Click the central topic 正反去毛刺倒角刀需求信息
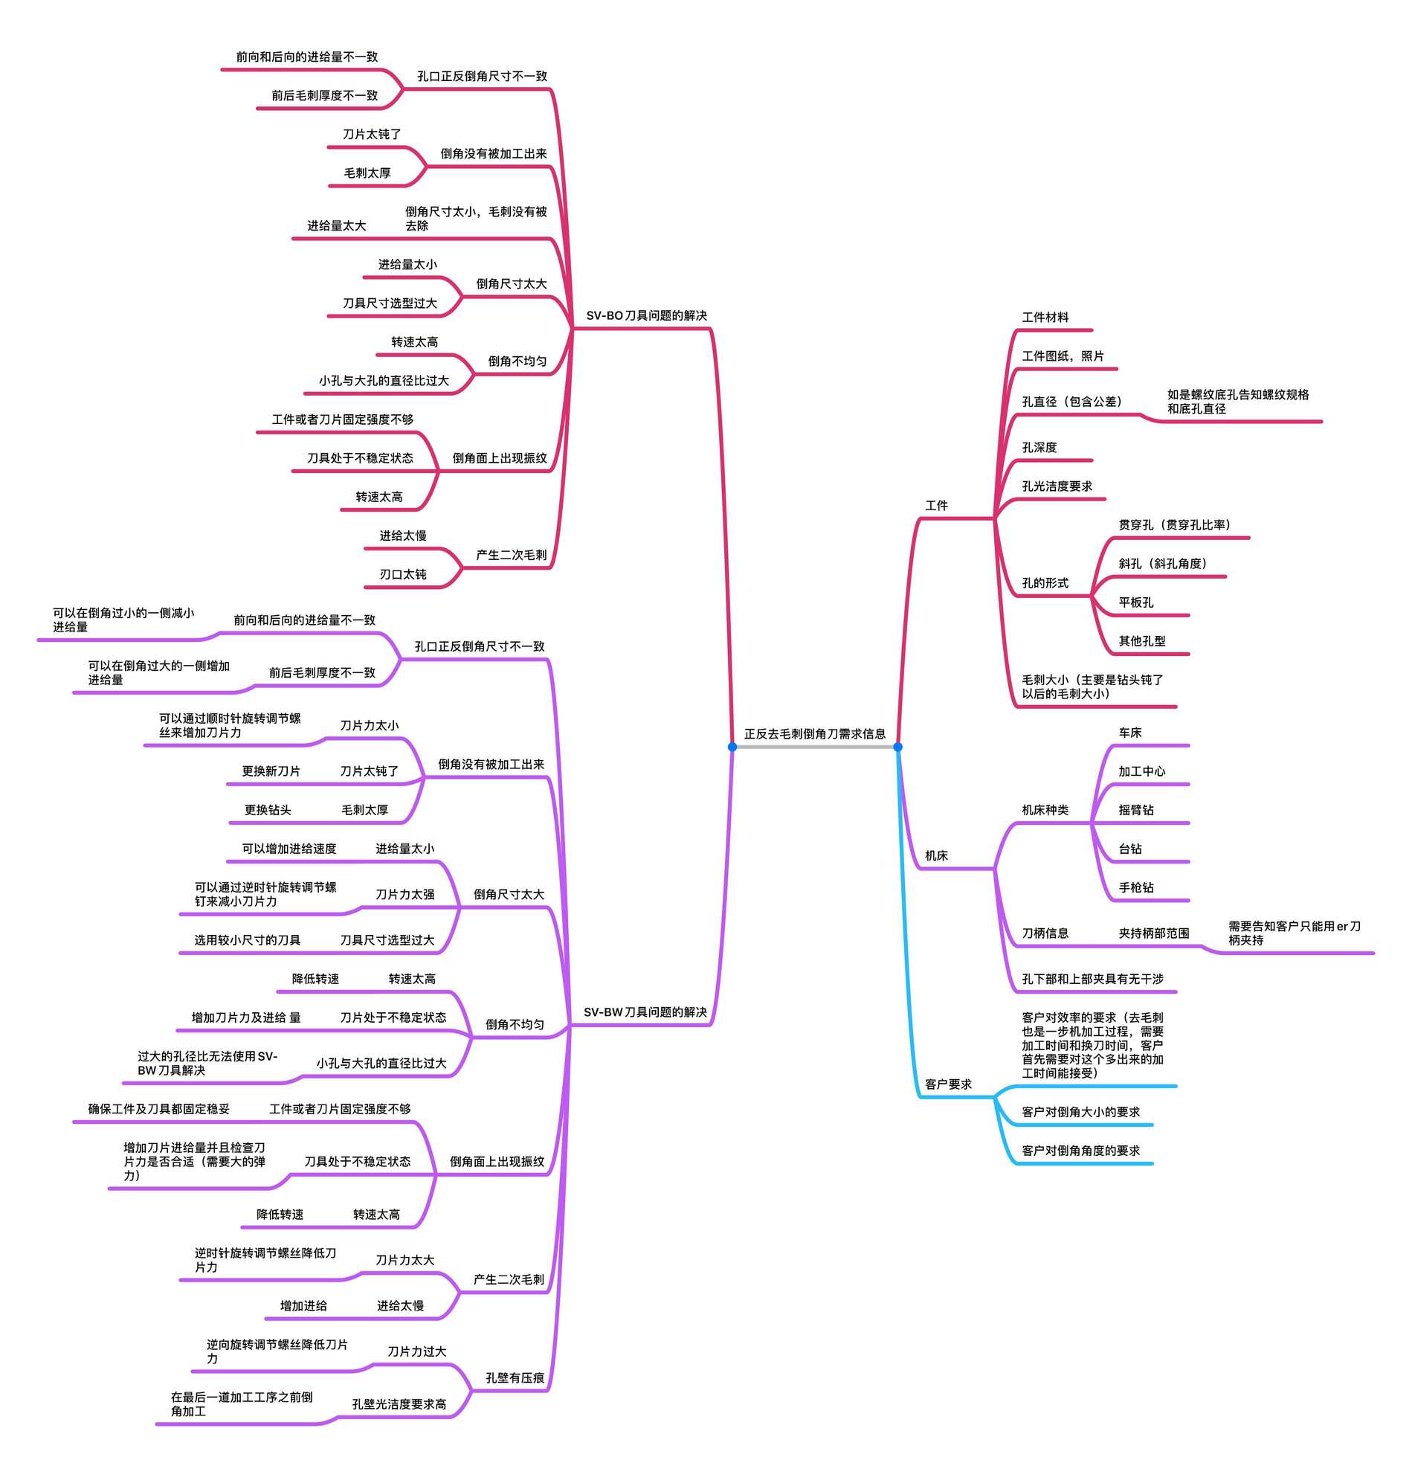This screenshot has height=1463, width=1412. [x=814, y=734]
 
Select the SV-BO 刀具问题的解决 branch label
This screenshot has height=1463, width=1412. [x=645, y=316]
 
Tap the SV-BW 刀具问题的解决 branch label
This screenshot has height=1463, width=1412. [x=645, y=1012]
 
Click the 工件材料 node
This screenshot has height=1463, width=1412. [x=1045, y=318]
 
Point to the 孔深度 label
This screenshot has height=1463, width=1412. [x=1039, y=447]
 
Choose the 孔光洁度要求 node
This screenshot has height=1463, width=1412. [x=1057, y=486]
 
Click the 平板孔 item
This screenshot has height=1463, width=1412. [x=1135, y=602]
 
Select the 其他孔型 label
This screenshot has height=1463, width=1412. [x=1141, y=641]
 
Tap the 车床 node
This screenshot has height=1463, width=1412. [x=1129, y=733]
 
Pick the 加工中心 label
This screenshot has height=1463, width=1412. [x=1141, y=771]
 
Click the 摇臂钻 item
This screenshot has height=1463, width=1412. [x=1135, y=810]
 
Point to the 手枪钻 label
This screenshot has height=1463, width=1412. [x=1135, y=887]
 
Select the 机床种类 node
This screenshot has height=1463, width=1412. [x=1045, y=810]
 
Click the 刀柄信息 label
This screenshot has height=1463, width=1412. [x=1045, y=933]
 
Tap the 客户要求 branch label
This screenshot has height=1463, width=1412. [x=948, y=1084]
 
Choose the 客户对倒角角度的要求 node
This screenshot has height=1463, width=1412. [x=1080, y=1151]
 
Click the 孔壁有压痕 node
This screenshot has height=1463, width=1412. [x=515, y=1378]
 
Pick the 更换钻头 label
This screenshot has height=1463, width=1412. [x=267, y=810]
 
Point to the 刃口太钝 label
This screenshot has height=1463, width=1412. [x=402, y=574]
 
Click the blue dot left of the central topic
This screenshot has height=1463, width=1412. [x=732, y=747]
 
